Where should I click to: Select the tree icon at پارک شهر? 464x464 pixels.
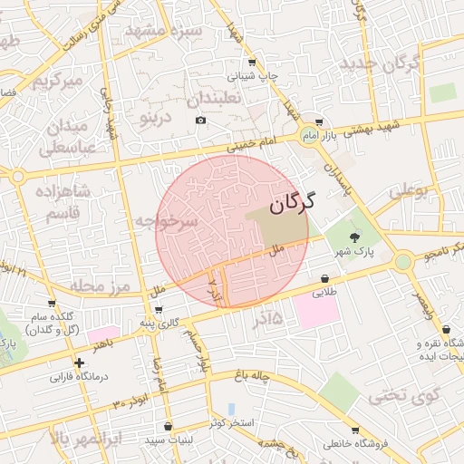(x=353, y=237)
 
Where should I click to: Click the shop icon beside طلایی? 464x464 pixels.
(x=325, y=277)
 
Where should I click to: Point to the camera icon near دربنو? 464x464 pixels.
(x=200, y=121)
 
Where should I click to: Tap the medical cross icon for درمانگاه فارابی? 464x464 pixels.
(x=80, y=362)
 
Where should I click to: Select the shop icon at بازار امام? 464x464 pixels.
(x=318, y=123)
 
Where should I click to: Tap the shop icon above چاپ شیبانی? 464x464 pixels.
(x=251, y=63)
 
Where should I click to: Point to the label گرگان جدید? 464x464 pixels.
(x=382, y=64)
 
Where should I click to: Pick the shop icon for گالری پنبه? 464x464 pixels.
(x=160, y=310)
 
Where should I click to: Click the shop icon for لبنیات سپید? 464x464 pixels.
(x=169, y=427)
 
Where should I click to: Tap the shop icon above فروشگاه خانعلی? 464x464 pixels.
(x=355, y=430)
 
